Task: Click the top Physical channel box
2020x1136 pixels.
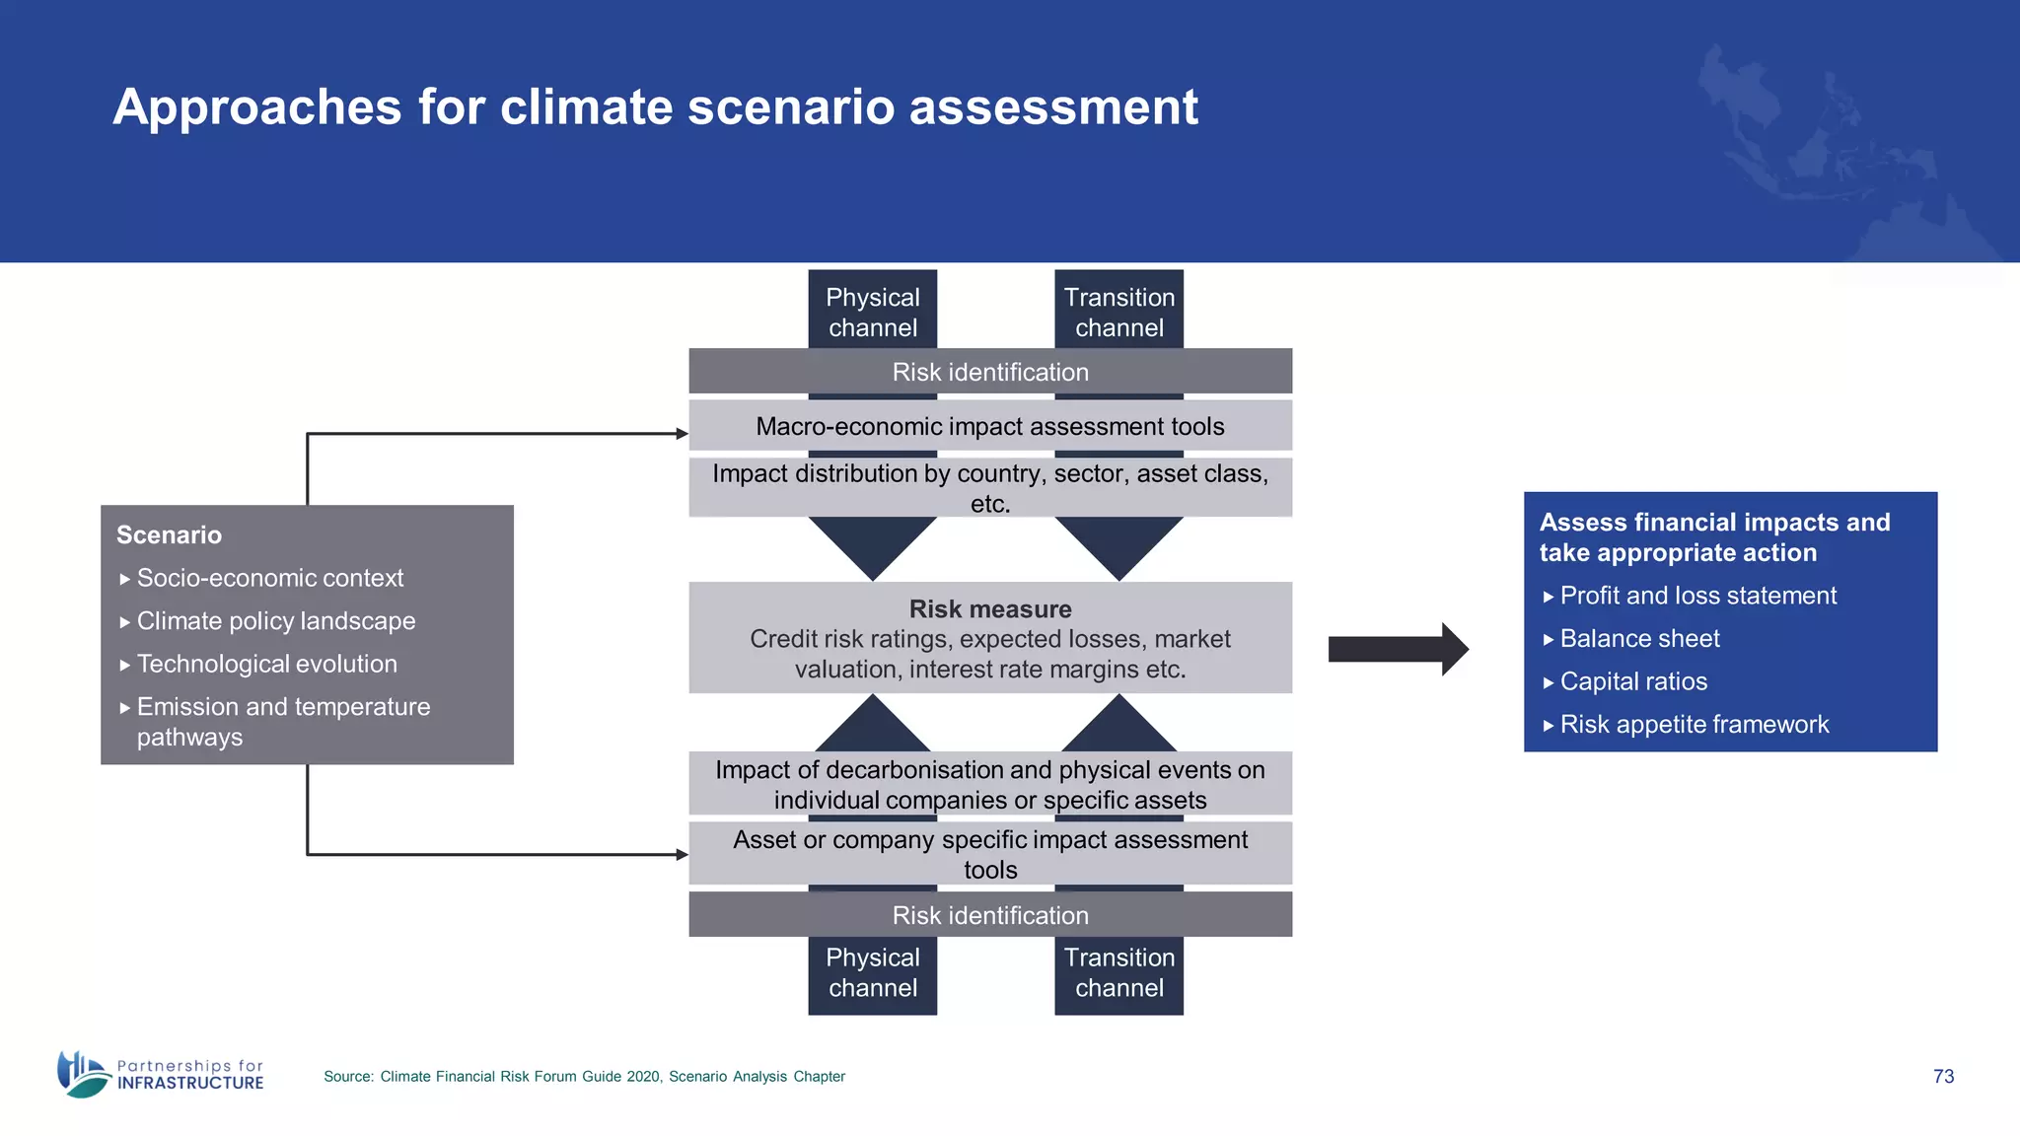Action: pos(872,311)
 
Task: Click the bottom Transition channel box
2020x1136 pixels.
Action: pos(1118,973)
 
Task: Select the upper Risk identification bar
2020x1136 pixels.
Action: pos(990,372)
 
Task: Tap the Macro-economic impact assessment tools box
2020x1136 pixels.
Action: pos(990,426)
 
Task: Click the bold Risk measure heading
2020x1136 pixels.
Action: pos(990,608)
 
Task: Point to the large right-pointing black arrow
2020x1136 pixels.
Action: pos(1397,649)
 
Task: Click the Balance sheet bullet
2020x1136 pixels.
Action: pos(1638,639)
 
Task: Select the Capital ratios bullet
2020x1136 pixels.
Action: pos(1632,681)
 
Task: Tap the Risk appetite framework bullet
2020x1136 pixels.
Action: pos(1694,725)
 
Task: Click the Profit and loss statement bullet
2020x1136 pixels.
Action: pos(1697,596)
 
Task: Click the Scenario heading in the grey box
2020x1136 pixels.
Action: pos(169,534)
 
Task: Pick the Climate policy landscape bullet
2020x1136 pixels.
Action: pos(275,621)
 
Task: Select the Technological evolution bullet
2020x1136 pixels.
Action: pos(266,664)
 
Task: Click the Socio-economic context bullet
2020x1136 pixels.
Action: pos(269,578)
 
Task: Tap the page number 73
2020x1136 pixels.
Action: pos(1943,1076)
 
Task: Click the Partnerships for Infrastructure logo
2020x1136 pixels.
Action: pos(161,1074)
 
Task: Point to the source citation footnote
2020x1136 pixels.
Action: pos(584,1077)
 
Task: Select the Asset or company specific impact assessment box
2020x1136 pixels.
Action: pos(990,854)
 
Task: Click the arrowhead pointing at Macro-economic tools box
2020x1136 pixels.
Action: pos(682,433)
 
